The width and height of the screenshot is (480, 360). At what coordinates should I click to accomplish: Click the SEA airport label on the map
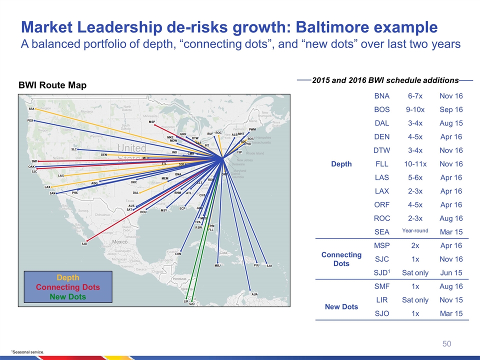31,109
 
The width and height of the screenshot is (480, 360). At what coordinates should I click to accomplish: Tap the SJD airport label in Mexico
84,243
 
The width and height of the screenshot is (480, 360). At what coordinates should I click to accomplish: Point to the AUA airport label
254,294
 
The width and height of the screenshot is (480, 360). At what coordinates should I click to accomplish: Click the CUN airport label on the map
178,253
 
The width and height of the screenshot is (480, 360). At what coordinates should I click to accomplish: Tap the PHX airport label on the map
75,192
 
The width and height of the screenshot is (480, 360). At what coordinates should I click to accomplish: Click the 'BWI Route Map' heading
52,85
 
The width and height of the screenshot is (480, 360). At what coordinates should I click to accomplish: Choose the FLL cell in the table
382,164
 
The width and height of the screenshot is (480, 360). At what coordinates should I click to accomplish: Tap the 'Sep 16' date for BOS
450,110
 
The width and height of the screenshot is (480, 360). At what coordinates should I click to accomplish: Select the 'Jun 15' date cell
450,272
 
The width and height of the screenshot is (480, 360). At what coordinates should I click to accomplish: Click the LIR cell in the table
382,299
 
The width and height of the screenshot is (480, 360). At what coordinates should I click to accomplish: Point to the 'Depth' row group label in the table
341,164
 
